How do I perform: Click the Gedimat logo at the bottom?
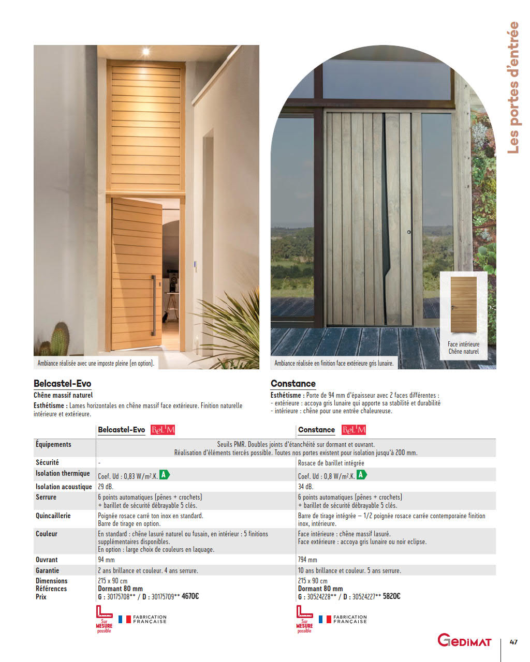tap(464, 640)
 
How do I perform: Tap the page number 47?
tap(513, 642)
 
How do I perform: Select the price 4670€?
tap(190, 596)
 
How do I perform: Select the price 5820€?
tap(391, 596)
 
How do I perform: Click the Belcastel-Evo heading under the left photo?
tap(62, 384)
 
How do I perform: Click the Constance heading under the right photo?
tap(293, 384)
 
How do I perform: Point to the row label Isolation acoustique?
tap(64, 487)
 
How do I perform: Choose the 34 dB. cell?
tap(305, 487)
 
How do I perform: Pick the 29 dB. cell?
tap(106, 487)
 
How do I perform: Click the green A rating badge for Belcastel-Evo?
tap(164, 474)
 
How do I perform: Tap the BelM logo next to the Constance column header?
tap(354, 430)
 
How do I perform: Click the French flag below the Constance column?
tap(325, 619)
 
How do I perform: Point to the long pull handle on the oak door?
tap(153, 305)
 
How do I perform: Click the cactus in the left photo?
tap(60, 339)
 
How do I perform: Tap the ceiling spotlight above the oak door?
tap(146, 51)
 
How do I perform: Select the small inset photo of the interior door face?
tap(463, 305)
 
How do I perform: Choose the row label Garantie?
tap(48, 570)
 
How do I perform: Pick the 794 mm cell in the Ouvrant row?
tap(307, 560)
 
